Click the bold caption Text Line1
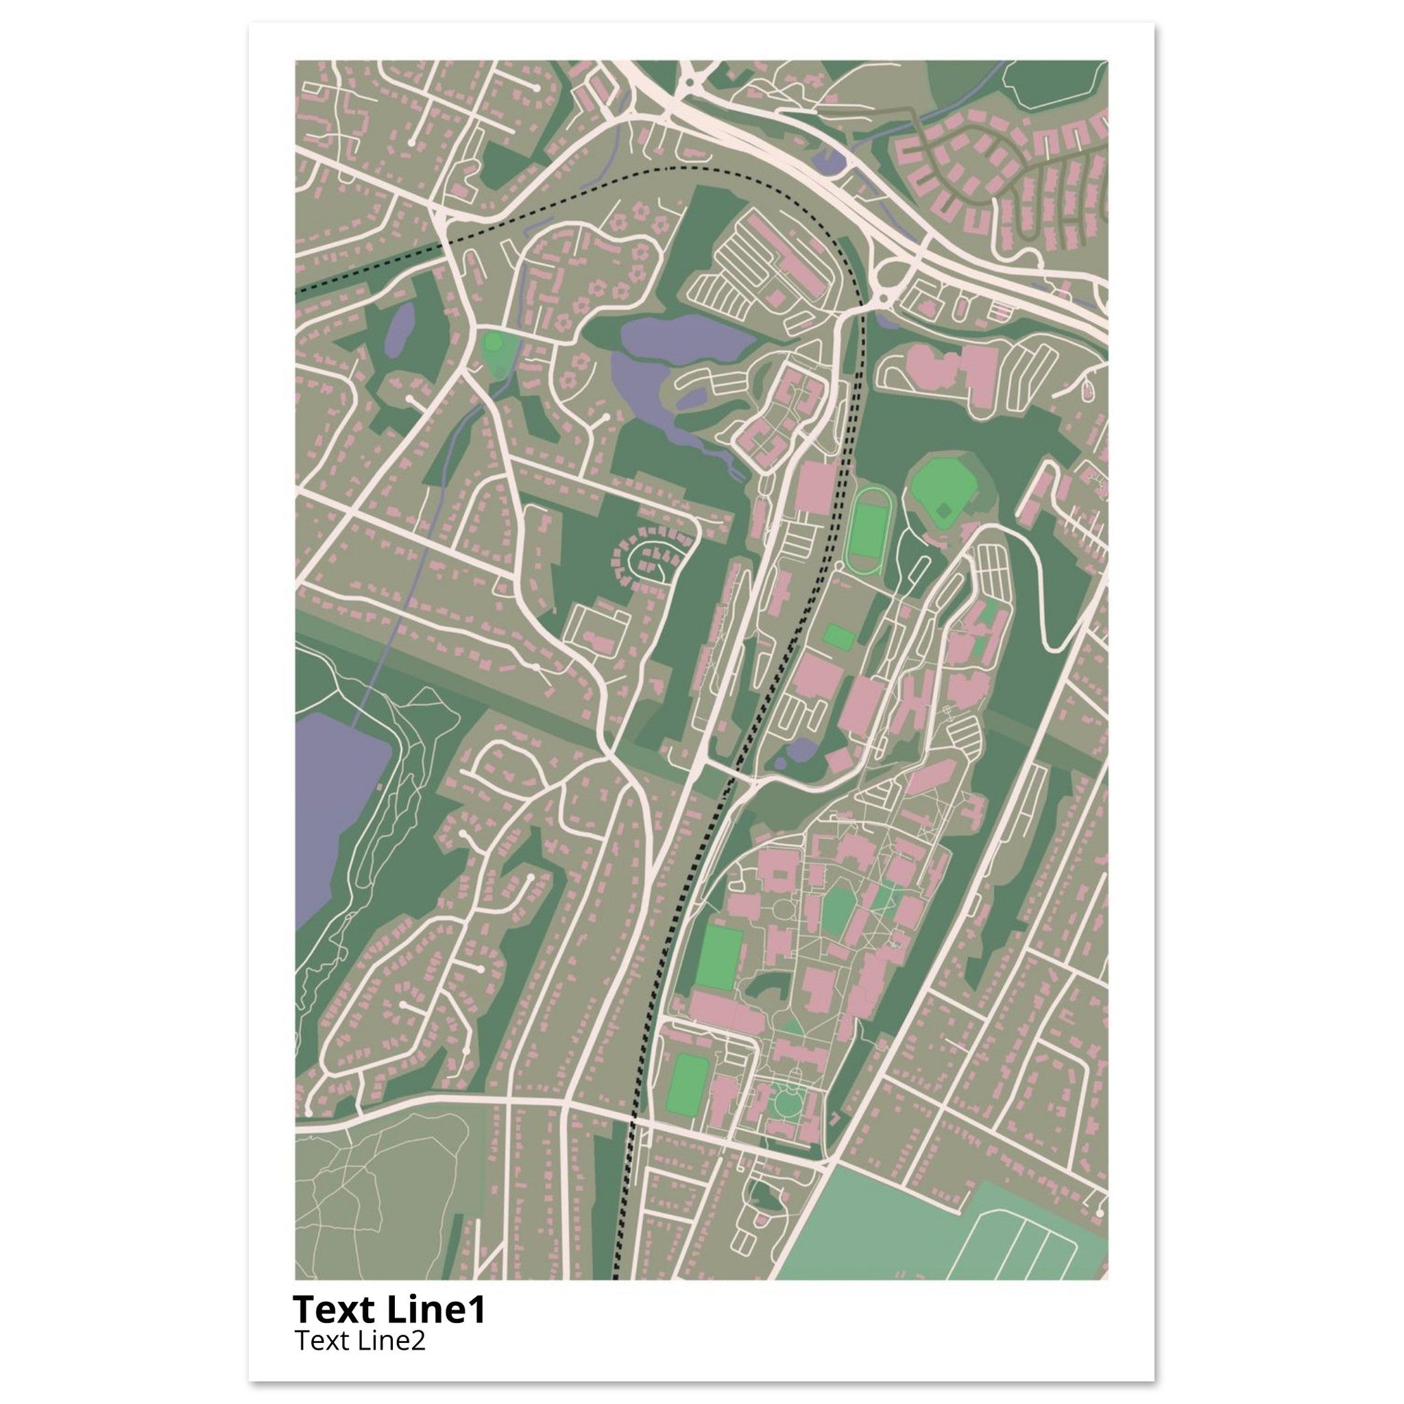point(389,1309)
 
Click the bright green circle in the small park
point(494,341)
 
